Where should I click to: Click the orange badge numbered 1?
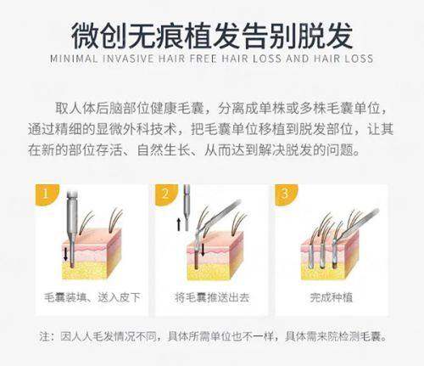click(x=46, y=194)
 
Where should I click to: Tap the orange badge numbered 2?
click(x=166, y=194)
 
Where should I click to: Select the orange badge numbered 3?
click(x=286, y=194)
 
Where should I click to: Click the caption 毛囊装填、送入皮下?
click(x=92, y=297)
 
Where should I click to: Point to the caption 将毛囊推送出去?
click(x=212, y=297)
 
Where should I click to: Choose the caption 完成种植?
click(x=332, y=297)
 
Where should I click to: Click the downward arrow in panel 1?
click(x=66, y=254)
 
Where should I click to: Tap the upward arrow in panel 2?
click(x=179, y=224)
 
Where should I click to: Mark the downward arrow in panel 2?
click(x=203, y=249)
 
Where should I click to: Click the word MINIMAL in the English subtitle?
click(x=75, y=59)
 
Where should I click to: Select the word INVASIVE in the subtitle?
click(x=128, y=59)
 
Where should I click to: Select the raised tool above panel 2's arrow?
click(x=187, y=207)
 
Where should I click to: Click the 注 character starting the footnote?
click(x=45, y=336)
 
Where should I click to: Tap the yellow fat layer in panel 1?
click(x=85, y=270)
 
